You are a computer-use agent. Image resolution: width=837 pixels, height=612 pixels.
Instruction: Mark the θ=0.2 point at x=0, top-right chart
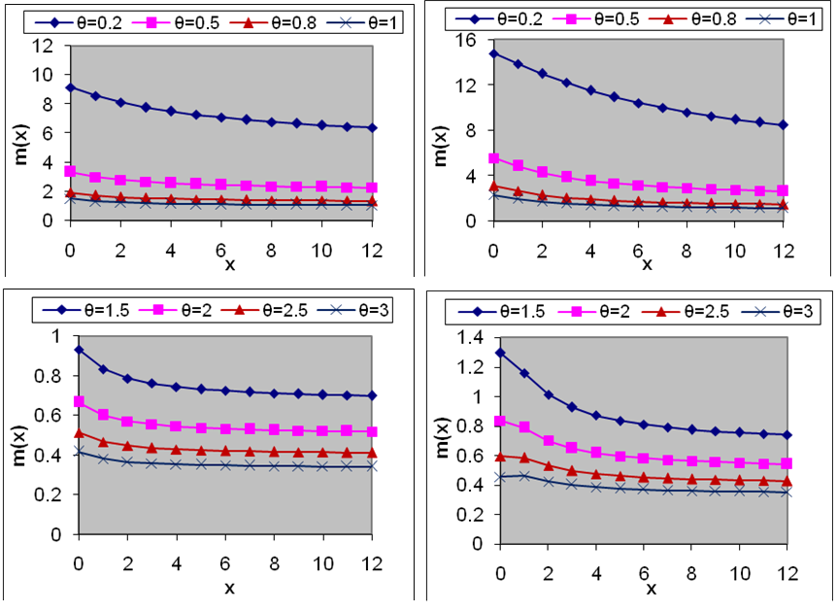tap(493, 53)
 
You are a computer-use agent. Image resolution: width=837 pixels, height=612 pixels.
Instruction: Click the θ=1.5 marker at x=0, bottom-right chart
tap(500, 353)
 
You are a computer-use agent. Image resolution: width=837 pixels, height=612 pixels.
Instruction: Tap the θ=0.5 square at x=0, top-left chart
tap(70, 171)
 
